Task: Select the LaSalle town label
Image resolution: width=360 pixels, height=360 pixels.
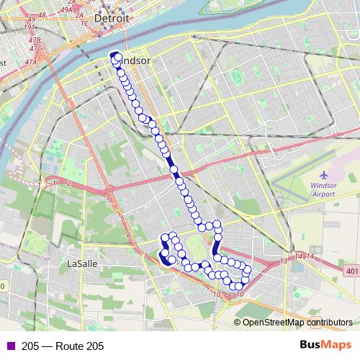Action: (x=81, y=264)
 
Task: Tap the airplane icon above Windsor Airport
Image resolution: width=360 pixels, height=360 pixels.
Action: (x=323, y=175)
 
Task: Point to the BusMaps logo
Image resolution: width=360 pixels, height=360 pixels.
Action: (x=325, y=346)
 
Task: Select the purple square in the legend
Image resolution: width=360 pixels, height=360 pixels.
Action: (x=9, y=346)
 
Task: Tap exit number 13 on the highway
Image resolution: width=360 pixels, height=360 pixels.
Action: (x=283, y=260)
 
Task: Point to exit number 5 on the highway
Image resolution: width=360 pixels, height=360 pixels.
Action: (x=122, y=217)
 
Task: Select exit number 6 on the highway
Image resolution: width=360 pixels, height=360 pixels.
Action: (x=128, y=235)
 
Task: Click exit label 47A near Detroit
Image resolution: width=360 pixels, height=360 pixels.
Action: (x=30, y=63)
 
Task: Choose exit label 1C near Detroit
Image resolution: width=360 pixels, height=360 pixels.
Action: (x=85, y=23)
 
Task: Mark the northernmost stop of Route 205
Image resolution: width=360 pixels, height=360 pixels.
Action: (x=114, y=55)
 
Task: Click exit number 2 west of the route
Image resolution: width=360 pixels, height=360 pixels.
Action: (x=68, y=184)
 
